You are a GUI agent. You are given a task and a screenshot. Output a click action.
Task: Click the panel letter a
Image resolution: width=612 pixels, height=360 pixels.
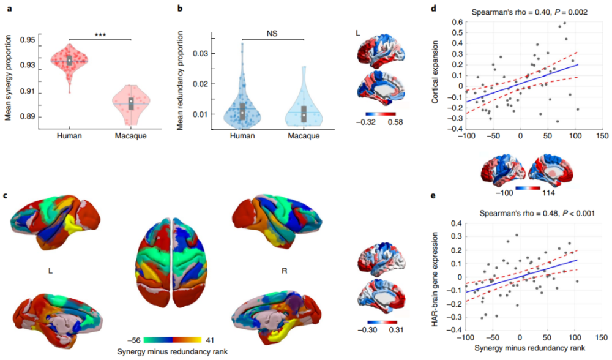click(9, 8)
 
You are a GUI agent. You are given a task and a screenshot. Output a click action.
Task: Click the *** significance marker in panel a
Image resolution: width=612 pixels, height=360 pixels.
click(100, 35)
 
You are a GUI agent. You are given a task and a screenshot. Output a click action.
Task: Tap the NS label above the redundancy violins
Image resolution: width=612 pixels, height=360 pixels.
click(272, 34)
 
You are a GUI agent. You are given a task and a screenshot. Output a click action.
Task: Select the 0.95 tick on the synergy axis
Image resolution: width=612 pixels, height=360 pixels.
click(28, 40)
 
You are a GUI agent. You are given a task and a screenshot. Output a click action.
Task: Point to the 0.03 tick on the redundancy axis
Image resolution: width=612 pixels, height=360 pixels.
click(201, 53)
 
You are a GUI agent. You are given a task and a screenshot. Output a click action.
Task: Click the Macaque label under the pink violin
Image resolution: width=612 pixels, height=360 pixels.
click(131, 136)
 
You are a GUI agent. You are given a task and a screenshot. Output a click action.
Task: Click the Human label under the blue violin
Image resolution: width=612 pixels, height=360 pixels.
click(242, 136)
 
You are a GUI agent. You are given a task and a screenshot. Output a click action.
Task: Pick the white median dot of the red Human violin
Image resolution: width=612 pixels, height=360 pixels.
click(70, 61)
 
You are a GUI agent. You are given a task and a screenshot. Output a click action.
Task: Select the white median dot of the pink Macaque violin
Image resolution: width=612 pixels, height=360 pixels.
click(131, 102)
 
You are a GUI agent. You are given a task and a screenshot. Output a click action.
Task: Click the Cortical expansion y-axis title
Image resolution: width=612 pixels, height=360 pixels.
click(435, 72)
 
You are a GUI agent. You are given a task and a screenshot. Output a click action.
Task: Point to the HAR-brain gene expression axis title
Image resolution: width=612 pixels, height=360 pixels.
click(435, 279)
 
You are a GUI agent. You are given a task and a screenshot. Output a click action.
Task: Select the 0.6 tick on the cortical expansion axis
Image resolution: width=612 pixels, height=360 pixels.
click(457, 22)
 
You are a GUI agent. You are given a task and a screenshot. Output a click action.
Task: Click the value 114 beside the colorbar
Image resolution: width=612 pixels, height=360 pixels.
click(548, 192)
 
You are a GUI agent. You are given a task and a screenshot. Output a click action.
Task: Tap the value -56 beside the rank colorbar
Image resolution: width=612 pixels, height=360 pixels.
click(133, 340)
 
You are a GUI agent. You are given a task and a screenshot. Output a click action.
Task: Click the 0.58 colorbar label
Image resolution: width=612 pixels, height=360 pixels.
click(395, 122)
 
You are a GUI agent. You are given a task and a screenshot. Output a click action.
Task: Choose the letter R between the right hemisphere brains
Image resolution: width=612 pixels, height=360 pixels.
click(284, 271)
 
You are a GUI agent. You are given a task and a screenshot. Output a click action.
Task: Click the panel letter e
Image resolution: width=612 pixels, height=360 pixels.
click(433, 196)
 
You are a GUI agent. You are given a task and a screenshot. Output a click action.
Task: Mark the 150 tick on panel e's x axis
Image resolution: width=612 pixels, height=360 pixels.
click(602, 337)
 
